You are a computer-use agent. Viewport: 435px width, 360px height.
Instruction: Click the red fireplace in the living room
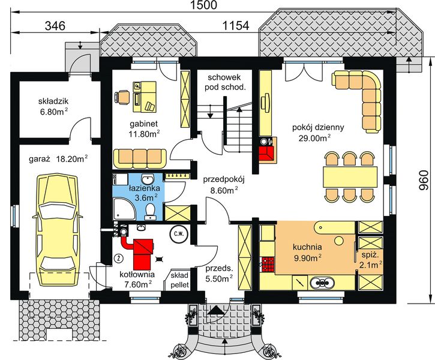(x=266, y=152)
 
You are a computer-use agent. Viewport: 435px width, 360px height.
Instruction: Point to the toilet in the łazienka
(x=151, y=212)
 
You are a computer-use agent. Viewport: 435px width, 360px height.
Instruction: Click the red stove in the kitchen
(x=267, y=265)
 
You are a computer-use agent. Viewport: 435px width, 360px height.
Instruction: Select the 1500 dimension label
(x=204, y=5)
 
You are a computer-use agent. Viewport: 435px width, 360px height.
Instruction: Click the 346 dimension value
(x=55, y=26)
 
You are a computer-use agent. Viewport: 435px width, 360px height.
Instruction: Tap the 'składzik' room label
(x=53, y=101)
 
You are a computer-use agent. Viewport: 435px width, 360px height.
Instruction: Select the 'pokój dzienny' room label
(x=318, y=127)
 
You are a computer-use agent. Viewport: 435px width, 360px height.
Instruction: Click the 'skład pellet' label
(x=180, y=280)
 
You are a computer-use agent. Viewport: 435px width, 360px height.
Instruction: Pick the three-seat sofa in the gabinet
(x=140, y=158)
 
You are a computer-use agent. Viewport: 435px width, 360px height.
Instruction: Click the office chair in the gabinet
(x=122, y=98)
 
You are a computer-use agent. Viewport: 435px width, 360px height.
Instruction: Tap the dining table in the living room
(x=350, y=177)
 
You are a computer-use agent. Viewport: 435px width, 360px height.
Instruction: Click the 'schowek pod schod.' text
(x=225, y=82)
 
